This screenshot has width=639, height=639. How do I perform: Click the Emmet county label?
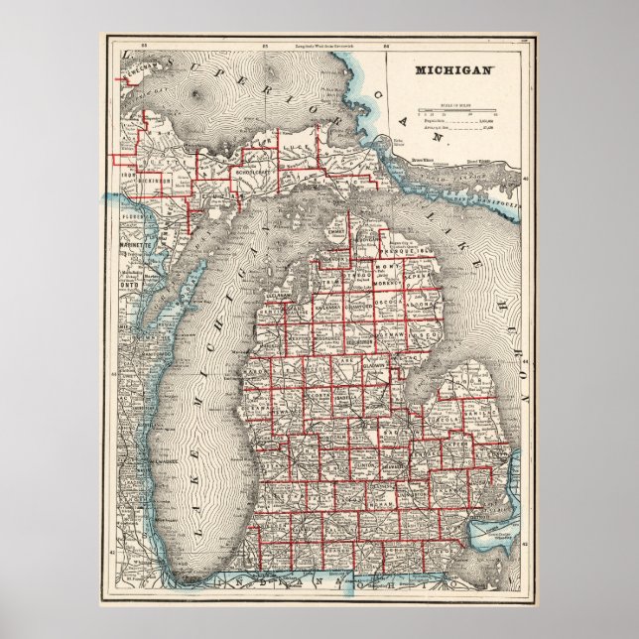coord(343,235)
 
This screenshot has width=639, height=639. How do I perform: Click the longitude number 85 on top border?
coord(265,46)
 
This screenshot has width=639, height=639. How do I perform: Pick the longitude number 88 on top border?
coord(145,46)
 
